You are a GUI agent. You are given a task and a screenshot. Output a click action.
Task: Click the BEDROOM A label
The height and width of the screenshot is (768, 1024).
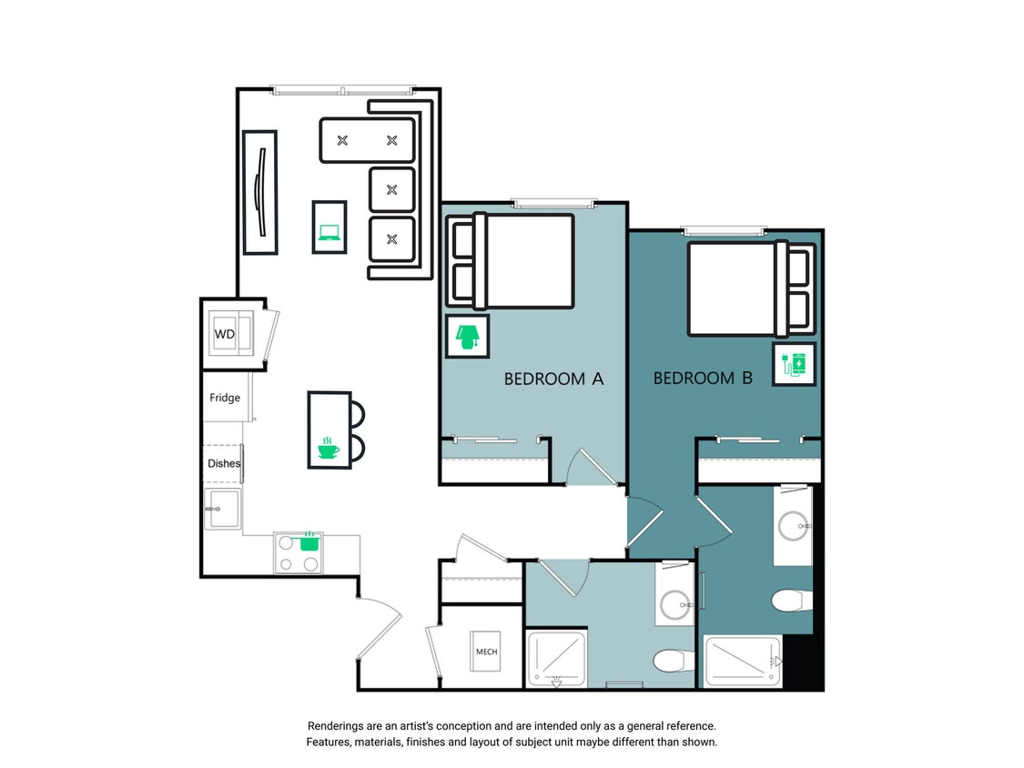coord(553,379)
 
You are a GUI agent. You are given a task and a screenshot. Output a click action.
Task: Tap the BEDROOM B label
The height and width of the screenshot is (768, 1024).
coord(703,378)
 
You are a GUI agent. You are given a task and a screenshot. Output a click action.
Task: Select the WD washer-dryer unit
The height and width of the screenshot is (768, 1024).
coord(225,334)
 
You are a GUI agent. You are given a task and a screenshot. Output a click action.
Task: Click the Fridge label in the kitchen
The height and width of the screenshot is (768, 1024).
coord(225,398)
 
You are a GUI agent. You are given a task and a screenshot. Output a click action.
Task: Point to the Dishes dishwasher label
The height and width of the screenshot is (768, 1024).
coord(223,463)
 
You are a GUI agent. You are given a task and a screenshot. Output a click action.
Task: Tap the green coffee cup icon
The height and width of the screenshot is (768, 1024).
coord(328,449)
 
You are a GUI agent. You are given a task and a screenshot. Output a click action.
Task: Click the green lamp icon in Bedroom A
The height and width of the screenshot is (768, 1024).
coord(467,337)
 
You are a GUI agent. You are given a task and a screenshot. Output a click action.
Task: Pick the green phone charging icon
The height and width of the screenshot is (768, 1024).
coord(794,365)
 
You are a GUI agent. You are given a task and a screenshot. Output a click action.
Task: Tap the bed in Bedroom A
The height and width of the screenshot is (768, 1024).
coord(523,261)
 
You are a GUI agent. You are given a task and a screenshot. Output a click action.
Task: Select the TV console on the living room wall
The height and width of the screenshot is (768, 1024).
coord(259,191)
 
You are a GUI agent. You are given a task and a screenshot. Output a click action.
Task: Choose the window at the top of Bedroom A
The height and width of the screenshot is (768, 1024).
coord(553,204)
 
